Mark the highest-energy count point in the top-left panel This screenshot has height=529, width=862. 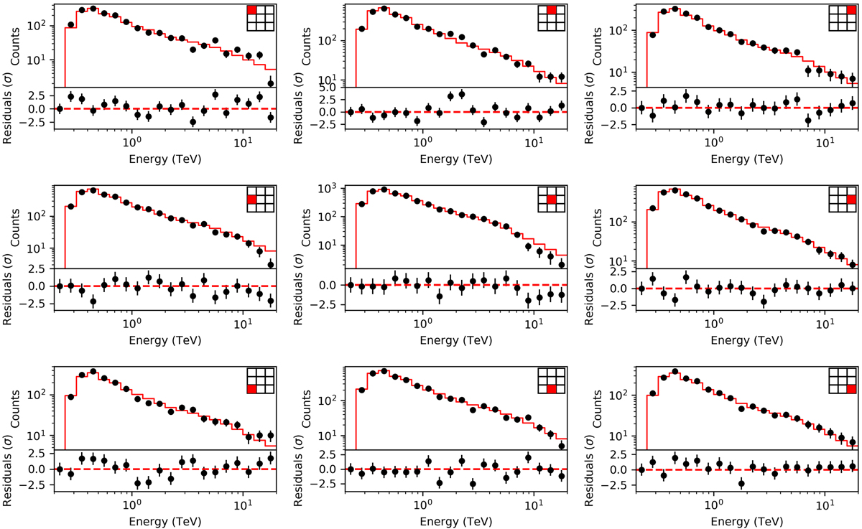pos(271,83)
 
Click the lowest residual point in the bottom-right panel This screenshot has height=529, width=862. pos(741,483)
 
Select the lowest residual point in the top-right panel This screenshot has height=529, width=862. pos(807,120)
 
